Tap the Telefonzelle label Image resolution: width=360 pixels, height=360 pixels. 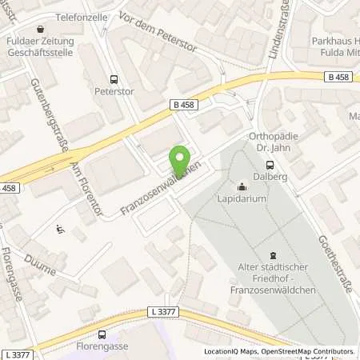point(81,15)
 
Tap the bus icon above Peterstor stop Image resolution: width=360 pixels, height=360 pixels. point(113,79)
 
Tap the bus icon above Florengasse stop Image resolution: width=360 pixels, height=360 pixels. point(101,334)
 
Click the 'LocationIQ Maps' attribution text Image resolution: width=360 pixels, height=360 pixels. point(230,351)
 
